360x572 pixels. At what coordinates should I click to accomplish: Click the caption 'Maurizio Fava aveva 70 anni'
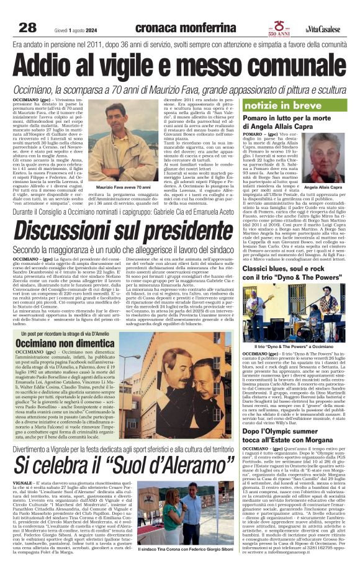click(x=124, y=187)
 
